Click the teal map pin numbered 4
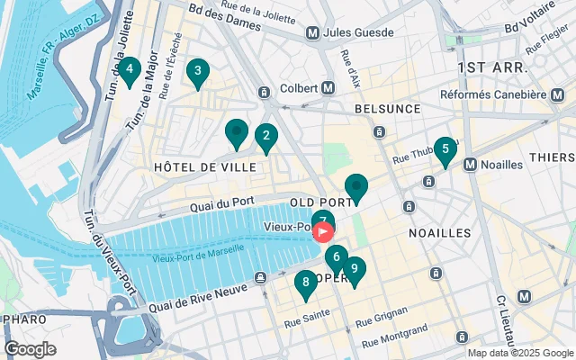(130, 69)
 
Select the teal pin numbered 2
(265, 138)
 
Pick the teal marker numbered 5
(445, 149)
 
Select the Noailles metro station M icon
(470, 164)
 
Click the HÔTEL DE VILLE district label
(205, 167)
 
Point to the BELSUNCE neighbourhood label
(387, 107)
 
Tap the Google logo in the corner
(30, 349)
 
